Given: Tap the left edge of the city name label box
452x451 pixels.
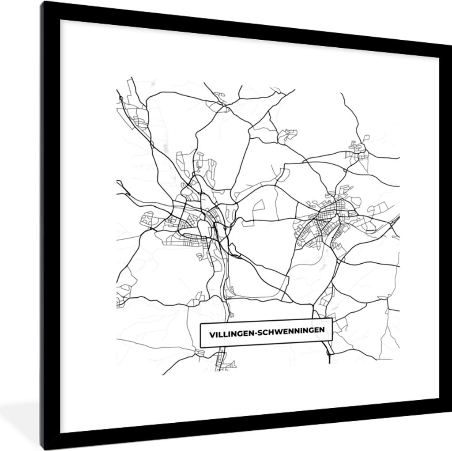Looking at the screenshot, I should click(x=201, y=336).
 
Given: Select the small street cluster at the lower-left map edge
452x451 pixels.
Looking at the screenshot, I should click(x=120, y=300).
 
